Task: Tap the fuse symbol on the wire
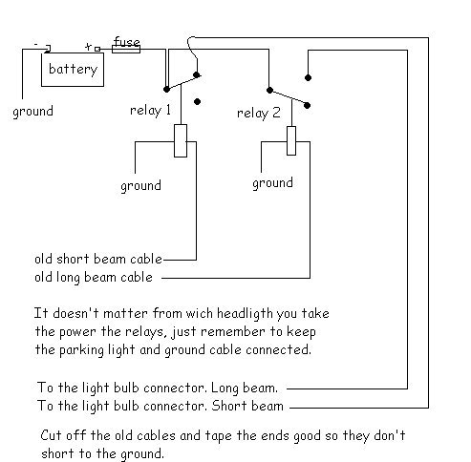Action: click(x=126, y=50)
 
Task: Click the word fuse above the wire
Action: click(x=126, y=41)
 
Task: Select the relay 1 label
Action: click(x=151, y=111)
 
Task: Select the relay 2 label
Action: click(x=259, y=113)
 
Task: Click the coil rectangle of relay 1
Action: click(x=181, y=140)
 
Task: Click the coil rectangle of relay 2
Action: click(x=291, y=140)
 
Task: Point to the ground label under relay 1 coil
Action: click(x=140, y=186)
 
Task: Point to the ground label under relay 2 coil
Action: click(x=272, y=183)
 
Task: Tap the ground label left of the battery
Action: click(x=32, y=112)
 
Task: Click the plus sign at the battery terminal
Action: click(x=89, y=47)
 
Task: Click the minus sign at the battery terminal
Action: click(x=36, y=44)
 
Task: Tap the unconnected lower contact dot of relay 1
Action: click(x=197, y=102)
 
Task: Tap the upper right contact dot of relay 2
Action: click(x=308, y=77)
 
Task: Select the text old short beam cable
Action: click(x=98, y=259)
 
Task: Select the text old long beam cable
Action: click(x=94, y=278)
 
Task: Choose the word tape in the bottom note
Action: click(x=218, y=436)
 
